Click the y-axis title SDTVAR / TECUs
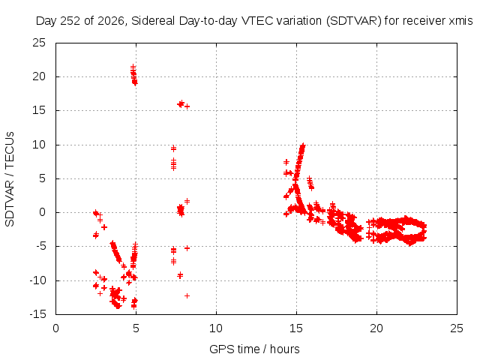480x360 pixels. point(10,179)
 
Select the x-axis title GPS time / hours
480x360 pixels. point(254,349)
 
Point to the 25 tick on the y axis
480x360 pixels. point(39,43)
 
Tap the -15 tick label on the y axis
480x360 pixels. point(37,314)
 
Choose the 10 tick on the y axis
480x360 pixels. point(39,145)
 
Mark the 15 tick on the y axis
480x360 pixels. point(39,110)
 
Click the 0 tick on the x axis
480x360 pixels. point(55,328)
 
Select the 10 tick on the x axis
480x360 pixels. point(216,328)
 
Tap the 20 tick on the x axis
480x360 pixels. point(376,328)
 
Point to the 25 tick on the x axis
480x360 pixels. point(457,328)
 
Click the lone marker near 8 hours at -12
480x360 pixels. point(187,295)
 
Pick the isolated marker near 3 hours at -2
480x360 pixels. point(104,227)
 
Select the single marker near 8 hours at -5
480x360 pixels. point(187,248)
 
